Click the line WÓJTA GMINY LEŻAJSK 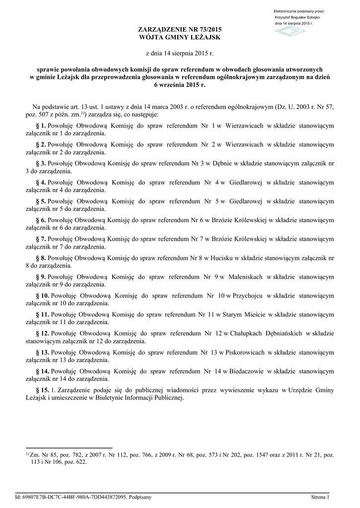pyautogui.click(x=179, y=38)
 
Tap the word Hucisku pyautogui.click(x=222, y=258)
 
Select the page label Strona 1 pyautogui.click(x=321, y=497)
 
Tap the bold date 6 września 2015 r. pyautogui.click(x=179, y=85)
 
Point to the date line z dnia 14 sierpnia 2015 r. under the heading pyautogui.click(x=179, y=53)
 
